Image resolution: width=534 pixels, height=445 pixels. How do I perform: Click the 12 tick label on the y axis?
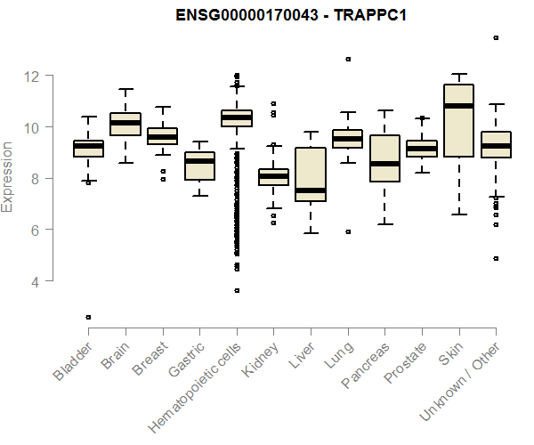click(x=34, y=77)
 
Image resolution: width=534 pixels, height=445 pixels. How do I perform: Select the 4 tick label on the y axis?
click(x=34, y=281)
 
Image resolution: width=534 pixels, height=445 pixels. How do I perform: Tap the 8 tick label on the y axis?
click(x=34, y=179)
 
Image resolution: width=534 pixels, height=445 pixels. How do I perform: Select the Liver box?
click(x=311, y=174)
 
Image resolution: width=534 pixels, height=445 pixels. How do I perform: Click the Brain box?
click(x=125, y=124)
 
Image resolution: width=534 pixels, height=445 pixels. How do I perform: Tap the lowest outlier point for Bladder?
click(x=88, y=317)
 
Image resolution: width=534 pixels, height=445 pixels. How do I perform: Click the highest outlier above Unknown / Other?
click(x=496, y=37)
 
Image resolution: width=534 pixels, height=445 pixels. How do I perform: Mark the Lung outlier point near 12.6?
click(x=348, y=59)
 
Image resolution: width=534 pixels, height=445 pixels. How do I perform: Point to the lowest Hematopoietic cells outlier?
click(x=237, y=290)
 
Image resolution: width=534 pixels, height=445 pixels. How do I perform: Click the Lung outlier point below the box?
click(x=348, y=231)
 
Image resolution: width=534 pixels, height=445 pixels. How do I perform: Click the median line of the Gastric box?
click(x=199, y=160)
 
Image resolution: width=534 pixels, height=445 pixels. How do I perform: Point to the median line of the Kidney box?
click(x=273, y=176)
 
